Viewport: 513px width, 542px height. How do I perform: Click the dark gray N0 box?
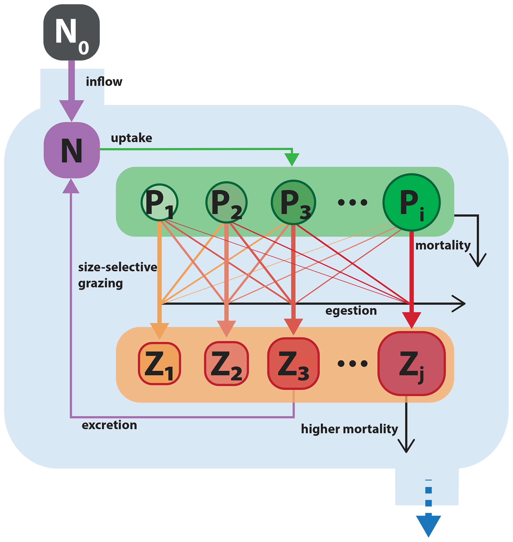(x=71, y=32)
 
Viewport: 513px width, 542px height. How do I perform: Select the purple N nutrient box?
(x=72, y=150)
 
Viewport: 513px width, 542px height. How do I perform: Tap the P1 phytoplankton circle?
(x=159, y=202)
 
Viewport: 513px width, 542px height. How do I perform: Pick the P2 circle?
(x=226, y=202)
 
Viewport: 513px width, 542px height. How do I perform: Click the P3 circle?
(x=293, y=202)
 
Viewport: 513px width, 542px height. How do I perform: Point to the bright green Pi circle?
(x=411, y=202)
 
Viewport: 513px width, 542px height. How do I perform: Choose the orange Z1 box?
(x=159, y=364)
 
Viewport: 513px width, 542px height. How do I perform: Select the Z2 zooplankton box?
(x=226, y=364)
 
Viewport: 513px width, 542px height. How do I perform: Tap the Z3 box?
(x=293, y=364)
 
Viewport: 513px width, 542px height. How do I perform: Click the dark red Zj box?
(x=411, y=364)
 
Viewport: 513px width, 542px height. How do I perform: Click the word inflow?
(x=104, y=82)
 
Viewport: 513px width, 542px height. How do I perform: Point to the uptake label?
(x=131, y=138)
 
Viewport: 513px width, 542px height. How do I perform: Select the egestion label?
(x=351, y=311)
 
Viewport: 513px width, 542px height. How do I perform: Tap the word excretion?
(x=109, y=425)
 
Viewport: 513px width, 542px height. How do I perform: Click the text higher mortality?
(x=349, y=429)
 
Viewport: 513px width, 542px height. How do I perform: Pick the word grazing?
(x=100, y=283)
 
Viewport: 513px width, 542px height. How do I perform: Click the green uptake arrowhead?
(x=292, y=159)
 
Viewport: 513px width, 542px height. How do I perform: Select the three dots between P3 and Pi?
(x=352, y=202)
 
